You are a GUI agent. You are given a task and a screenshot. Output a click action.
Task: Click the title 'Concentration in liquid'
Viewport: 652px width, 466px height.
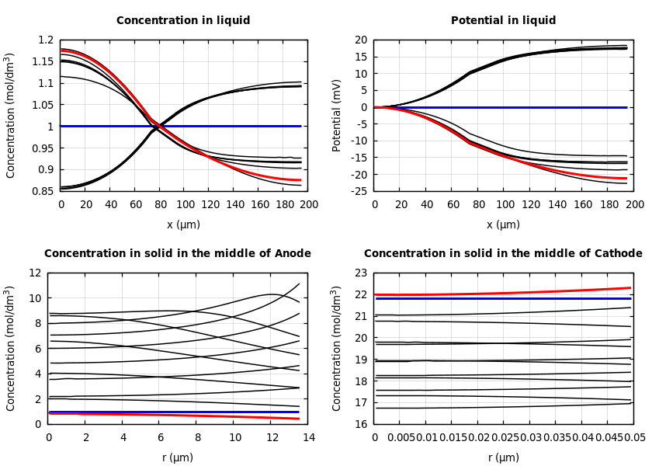[183, 21]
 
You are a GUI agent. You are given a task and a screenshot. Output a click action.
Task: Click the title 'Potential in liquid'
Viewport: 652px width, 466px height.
[503, 21]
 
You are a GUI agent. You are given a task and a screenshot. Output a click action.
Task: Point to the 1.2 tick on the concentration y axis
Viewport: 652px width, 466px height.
[46, 40]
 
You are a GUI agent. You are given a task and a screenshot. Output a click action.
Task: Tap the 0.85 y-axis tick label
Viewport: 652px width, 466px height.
[43, 191]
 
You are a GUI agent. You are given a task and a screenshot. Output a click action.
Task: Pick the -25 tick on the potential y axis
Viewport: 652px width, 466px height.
[359, 191]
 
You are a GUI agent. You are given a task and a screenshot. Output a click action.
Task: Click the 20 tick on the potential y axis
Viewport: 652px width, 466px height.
[361, 40]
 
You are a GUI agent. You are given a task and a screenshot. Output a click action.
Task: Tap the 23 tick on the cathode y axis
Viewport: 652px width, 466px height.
[361, 273]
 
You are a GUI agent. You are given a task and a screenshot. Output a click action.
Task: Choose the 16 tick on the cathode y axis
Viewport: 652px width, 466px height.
[361, 424]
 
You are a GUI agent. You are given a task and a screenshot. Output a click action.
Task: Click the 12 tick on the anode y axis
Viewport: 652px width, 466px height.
[35, 273]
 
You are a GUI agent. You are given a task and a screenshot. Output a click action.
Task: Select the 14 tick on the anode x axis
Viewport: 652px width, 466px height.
[308, 438]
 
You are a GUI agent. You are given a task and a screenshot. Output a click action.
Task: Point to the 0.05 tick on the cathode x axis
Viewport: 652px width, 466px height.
[635, 438]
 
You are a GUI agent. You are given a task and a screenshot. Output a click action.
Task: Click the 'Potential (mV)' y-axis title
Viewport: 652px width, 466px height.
[337, 115]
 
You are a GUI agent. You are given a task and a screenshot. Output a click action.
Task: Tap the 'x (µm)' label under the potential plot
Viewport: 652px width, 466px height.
[503, 225]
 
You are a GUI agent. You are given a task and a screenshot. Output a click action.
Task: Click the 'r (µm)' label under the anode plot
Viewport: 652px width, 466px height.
[178, 458]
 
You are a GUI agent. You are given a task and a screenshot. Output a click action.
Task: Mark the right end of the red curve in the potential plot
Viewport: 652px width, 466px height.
[626, 179]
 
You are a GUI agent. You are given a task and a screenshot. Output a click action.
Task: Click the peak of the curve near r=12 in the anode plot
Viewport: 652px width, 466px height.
[271, 294]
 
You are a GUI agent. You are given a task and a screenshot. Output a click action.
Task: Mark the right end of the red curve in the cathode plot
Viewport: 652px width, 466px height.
[630, 288]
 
